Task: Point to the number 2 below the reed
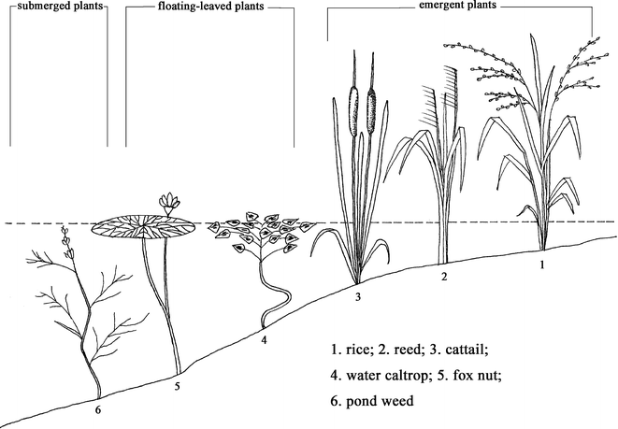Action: pos(444,277)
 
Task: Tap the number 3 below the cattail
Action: pos(358,298)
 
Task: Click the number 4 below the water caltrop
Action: pos(265,340)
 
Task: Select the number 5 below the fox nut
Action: pos(178,384)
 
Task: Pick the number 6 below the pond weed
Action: pos(100,408)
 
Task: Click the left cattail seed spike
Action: pos(354,108)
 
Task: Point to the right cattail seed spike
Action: pos(373,108)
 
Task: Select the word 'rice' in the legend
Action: pos(355,353)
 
